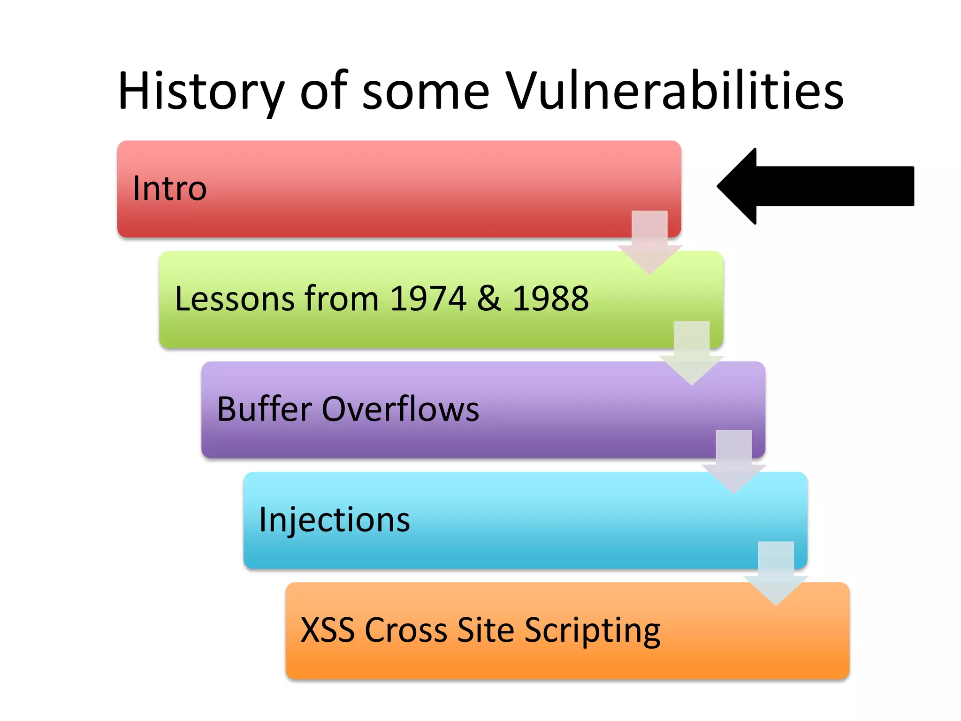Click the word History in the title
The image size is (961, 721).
201,92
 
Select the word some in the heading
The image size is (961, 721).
426,92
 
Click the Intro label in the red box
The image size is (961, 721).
169,188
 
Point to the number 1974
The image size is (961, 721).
427,299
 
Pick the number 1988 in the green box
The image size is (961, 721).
550,299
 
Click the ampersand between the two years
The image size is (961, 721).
489,299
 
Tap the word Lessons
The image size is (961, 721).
235,299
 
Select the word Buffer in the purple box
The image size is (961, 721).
264,409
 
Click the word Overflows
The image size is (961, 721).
400,409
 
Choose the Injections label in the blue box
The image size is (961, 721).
334,520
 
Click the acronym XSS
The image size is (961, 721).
328,630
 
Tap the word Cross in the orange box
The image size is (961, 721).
406,630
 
